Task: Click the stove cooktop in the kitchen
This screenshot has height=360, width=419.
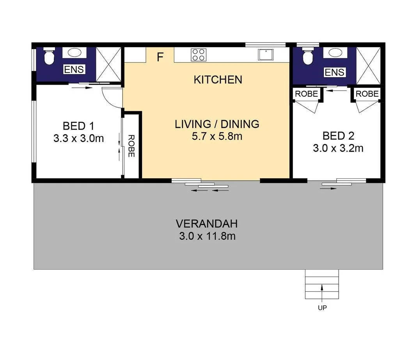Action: pos(198,55)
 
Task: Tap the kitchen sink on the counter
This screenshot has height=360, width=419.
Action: pos(266,55)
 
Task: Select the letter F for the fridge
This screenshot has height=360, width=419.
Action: pos(160,57)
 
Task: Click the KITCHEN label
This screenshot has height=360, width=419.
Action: pos(218,80)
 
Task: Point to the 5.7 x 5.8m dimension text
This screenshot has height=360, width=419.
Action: pos(217,137)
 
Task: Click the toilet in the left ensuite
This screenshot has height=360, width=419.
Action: pos(49,57)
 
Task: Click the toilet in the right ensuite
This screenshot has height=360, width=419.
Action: pos(308,57)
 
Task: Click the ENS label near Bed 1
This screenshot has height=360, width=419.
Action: pos(74,70)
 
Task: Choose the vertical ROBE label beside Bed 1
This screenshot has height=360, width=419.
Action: pos(131,146)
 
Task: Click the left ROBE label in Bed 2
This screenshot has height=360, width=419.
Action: pos(306,94)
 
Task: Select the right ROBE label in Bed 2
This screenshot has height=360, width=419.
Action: pos(367,94)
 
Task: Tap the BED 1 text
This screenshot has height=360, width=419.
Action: pos(78,126)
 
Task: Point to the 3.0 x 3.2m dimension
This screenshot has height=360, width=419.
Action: pos(338,148)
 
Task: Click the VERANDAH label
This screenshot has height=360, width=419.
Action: pos(206,224)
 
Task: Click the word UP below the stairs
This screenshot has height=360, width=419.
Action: pos(322,308)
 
